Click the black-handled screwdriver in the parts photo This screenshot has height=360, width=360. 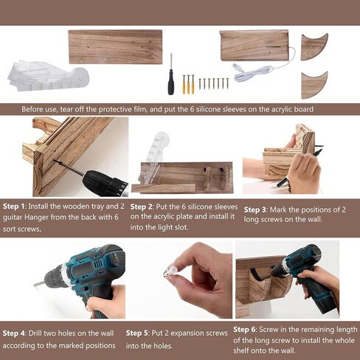point(171,79)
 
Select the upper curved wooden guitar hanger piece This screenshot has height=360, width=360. point(314,47)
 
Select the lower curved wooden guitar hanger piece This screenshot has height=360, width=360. point(314,86)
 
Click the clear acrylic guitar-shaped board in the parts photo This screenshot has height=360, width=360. point(48,76)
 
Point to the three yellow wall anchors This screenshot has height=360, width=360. point(188,84)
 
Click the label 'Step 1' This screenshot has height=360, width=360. point(14,207)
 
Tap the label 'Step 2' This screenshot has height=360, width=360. point(141,207)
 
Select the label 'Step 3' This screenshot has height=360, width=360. point(255,210)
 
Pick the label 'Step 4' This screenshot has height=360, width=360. point(14,333)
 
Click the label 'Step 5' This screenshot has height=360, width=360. point(137,333)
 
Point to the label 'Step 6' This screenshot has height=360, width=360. point(244,330)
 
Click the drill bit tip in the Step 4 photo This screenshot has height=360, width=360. point(35,285)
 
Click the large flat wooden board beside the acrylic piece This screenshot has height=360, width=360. point(115,46)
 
